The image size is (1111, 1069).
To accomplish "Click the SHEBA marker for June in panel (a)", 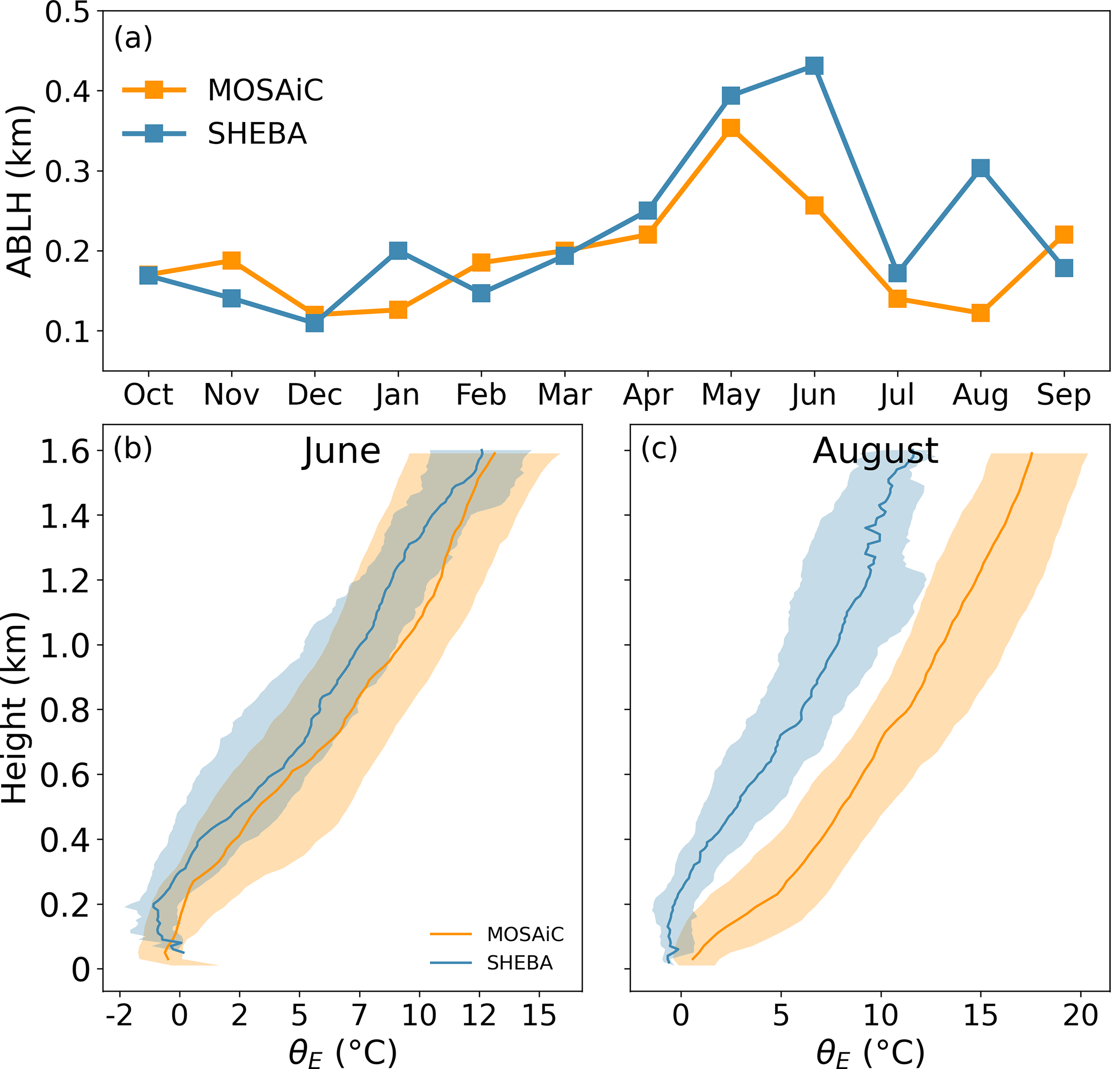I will (x=814, y=66).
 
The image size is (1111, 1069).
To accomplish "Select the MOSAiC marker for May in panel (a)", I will (x=730, y=127).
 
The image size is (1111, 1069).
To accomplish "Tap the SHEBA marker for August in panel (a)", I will (x=980, y=168).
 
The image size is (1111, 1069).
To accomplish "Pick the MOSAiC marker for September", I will (x=1064, y=234).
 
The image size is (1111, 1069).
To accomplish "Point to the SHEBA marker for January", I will (x=398, y=250).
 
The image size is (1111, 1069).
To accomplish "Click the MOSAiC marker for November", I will (x=231, y=260).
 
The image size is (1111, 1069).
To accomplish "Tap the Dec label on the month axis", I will (x=314, y=395).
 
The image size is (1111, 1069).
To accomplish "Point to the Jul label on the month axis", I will (x=897, y=395).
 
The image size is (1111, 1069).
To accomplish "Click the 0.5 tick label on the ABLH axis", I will (x=67, y=12).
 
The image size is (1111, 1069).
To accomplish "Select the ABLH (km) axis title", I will (x=20, y=191).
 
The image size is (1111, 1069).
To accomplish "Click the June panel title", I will (x=342, y=452).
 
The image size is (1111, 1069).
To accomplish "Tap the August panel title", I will (x=875, y=452).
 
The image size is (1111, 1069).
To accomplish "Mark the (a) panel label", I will (x=133, y=39).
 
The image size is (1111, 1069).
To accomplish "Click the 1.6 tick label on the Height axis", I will (x=65, y=453).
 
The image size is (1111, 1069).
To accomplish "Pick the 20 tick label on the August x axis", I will (x=1080, y=1016).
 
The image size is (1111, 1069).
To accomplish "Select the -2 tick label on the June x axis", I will (x=119, y=1016).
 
